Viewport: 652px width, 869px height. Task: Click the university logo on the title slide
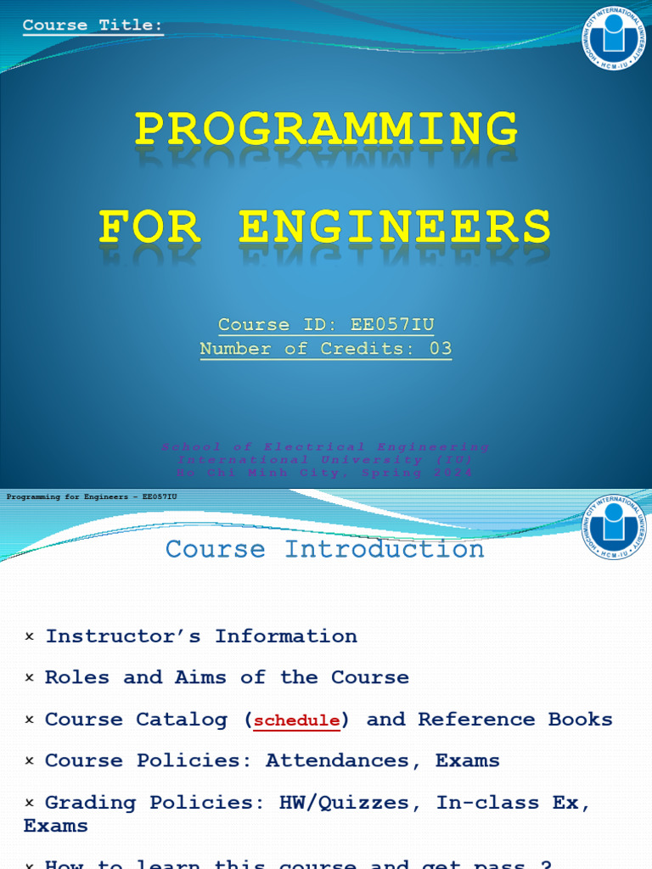point(614,37)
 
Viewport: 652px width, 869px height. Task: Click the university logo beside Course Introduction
point(614,527)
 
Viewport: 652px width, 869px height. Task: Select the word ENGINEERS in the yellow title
point(395,227)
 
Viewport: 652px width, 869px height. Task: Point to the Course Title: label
point(93,25)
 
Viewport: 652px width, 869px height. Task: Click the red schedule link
point(297,720)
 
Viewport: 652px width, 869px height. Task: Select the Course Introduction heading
point(325,549)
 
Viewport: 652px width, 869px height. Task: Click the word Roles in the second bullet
point(77,677)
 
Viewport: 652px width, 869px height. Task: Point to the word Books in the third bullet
point(580,720)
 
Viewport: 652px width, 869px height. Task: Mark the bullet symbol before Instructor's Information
point(30,637)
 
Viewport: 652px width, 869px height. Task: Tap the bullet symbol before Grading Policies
point(30,803)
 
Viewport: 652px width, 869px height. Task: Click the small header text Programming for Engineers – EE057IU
point(92,496)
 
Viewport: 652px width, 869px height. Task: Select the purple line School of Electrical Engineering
point(325,447)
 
